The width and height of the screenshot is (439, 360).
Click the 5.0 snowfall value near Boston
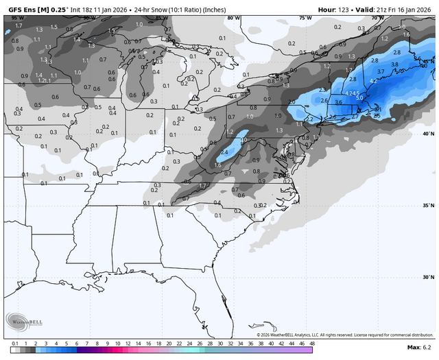(x=359, y=97)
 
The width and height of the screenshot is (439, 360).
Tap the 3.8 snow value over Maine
(x=394, y=64)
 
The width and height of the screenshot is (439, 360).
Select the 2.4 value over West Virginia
(x=224, y=152)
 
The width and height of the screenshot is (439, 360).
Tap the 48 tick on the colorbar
(x=312, y=342)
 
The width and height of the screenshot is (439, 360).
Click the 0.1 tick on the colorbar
(x=15, y=342)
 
